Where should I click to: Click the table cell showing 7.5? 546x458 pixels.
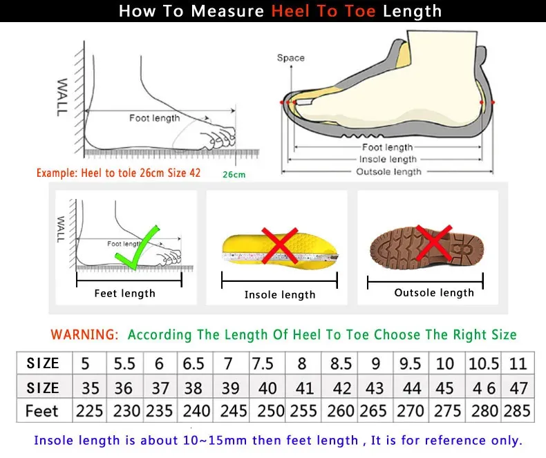click(263, 363)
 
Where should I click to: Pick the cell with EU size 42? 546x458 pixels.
click(341, 388)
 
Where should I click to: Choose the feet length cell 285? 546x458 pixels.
click(517, 411)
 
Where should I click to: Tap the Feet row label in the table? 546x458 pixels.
click(42, 411)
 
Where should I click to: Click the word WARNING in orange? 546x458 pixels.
click(84, 334)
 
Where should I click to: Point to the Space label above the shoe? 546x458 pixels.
click(290, 58)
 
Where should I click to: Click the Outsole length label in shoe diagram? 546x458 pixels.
click(388, 171)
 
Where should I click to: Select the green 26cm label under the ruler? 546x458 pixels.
click(234, 175)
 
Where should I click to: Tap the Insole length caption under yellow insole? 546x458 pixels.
click(280, 295)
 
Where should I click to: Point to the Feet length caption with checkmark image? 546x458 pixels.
click(124, 294)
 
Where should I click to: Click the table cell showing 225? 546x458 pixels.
click(89, 411)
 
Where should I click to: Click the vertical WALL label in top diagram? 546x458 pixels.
click(63, 97)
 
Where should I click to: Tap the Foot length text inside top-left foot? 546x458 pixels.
click(154, 118)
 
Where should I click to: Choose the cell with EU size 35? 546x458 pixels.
click(89, 388)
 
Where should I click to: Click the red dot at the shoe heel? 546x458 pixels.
click(493, 102)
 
